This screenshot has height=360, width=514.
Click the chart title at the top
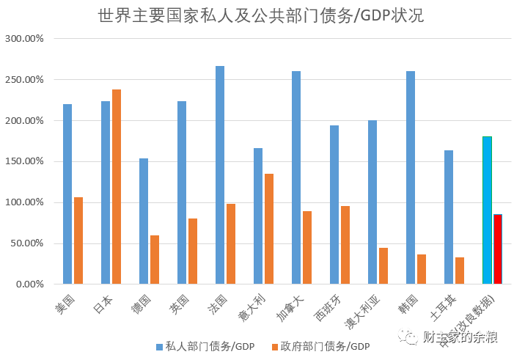(x=260, y=16)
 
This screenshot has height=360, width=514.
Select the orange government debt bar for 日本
(x=117, y=187)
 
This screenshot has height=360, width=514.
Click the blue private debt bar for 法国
(x=220, y=175)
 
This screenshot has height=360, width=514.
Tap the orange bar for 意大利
(x=269, y=229)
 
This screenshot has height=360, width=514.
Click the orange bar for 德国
(x=155, y=260)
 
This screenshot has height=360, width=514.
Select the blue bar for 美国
(x=67, y=194)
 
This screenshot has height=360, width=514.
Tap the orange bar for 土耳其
(x=460, y=271)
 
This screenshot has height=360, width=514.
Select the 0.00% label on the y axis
(x=29, y=284)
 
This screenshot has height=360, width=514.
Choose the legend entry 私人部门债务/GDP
(x=205, y=346)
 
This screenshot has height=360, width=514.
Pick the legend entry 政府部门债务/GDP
(x=320, y=346)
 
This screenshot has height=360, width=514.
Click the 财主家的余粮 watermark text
(x=460, y=337)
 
